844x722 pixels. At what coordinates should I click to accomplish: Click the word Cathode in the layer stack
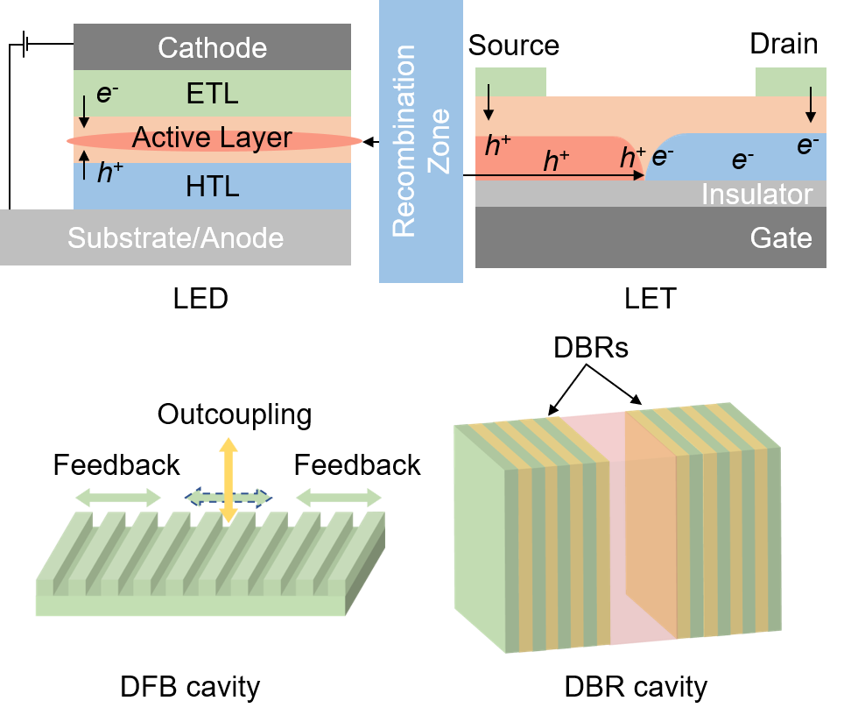pyautogui.click(x=212, y=47)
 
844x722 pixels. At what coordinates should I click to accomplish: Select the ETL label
pyautogui.click(x=212, y=93)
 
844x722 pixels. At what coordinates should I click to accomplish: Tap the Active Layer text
pyautogui.click(x=212, y=138)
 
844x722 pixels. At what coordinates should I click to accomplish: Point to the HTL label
pyautogui.click(x=212, y=187)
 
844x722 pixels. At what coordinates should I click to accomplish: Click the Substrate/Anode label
pyautogui.click(x=175, y=237)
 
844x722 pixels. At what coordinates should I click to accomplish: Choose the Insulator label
pyautogui.click(x=756, y=195)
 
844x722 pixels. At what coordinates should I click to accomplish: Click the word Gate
pyautogui.click(x=781, y=237)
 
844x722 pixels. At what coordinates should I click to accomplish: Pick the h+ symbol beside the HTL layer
pyautogui.click(x=109, y=173)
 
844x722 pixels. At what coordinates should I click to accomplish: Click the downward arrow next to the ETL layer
pyautogui.click(x=83, y=110)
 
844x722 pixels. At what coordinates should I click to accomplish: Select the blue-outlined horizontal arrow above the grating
pyautogui.click(x=228, y=498)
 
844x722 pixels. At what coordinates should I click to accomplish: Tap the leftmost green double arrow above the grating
pyautogui.click(x=118, y=498)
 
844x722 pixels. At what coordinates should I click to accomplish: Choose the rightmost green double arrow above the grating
pyautogui.click(x=339, y=498)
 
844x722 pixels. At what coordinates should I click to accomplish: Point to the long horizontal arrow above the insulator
pyautogui.click(x=560, y=176)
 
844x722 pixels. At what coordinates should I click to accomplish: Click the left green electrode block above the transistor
pyautogui.click(x=510, y=81)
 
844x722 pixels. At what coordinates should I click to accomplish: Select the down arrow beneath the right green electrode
pyautogui.click(x=811, y=104)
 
